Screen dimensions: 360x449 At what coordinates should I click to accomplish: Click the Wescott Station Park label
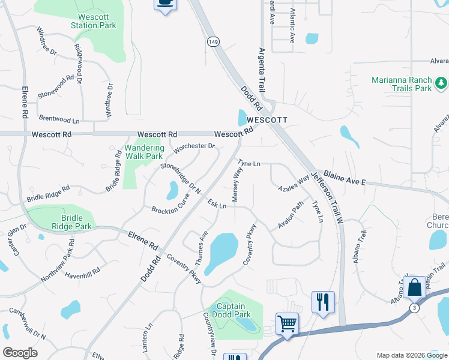click(x=93, y=21)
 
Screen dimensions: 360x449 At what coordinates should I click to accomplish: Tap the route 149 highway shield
click(x=213, y=41)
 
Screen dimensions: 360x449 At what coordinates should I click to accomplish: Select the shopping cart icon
click(x=287, y=325)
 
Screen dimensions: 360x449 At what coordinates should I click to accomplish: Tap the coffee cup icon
click(x=165, y=4)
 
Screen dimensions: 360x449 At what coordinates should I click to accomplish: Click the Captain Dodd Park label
click(x=234, y=310)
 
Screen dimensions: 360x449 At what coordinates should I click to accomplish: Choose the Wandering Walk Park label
click(x=144, y=152)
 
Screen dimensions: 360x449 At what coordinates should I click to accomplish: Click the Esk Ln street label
click(x=217, y=205)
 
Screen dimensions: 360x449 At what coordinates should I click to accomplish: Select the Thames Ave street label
click(x=201, y=248)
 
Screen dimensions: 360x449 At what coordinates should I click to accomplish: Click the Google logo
click(x=20, y=353)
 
